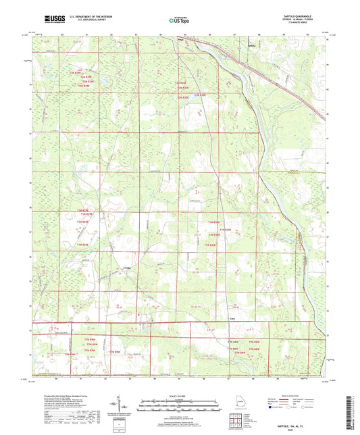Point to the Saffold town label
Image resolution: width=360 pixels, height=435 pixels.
click(x=251, y=45)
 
